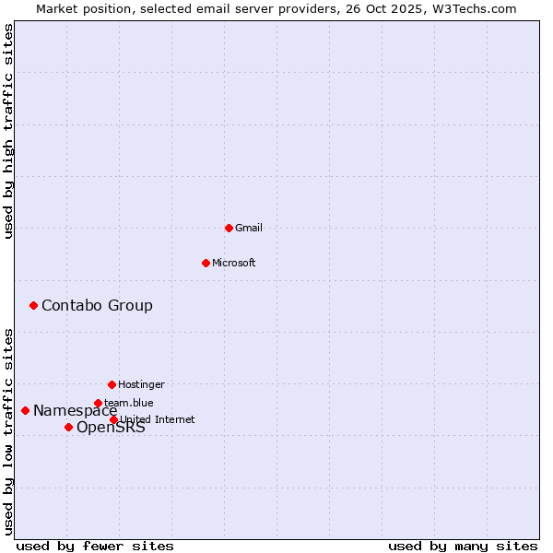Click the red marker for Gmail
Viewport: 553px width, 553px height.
[229, 228]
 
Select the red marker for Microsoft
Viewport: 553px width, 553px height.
[206, 263]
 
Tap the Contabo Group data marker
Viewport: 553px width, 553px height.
[33, 305]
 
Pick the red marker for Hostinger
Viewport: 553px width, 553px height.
[112, 384]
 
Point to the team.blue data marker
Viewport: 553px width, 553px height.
[98, 403]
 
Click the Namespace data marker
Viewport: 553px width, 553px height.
[25, 410]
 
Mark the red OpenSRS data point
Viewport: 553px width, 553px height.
[68, 427]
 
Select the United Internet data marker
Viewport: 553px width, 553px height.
[113, 419]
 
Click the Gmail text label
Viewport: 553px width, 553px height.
[249, 228]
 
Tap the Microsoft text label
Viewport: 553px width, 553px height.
[234, 263]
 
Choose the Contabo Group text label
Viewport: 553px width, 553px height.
[97, 305]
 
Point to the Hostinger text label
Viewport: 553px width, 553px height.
[141, 384]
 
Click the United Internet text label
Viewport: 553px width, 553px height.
[158, 419]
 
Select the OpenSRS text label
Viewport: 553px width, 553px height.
[111, 428]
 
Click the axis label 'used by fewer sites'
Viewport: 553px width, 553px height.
[95, 547]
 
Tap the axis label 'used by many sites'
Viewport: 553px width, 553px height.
[463, 547]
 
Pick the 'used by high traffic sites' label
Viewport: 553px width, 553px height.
[8, 131]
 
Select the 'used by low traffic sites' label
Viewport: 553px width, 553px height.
[8, 430]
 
